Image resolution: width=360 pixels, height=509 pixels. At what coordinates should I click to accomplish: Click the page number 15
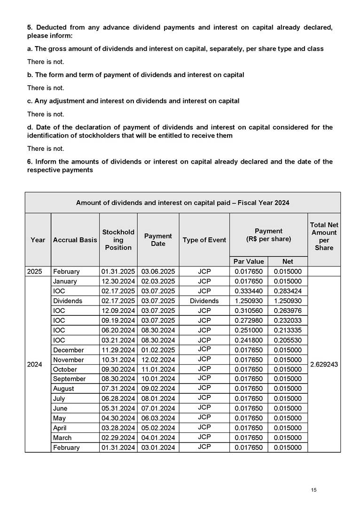(314, 490)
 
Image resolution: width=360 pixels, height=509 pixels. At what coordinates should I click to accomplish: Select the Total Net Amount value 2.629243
(324, 364)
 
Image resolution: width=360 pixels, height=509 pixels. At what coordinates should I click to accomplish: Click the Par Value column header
(249, 261)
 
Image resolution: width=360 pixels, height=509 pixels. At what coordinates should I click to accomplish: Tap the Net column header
(288, 261)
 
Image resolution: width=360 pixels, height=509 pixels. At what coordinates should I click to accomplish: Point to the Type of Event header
(204, 240)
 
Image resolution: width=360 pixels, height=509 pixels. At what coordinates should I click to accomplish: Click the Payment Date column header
(158, 240)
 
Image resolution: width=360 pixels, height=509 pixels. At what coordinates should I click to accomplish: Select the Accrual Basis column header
(75, 240)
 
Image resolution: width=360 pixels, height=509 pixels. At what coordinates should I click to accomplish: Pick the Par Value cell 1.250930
(249, 301)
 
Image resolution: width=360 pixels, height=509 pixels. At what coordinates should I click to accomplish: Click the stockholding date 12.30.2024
(118, 281)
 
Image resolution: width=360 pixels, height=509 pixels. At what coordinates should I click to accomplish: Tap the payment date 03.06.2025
(158, 271)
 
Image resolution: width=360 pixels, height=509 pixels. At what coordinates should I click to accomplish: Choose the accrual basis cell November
(69, 360)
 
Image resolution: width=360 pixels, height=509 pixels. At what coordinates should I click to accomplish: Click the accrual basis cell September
(70, 379)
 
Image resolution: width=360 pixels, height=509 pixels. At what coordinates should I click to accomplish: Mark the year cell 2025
(38, 271)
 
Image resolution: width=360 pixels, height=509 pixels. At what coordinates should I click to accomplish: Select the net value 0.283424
(288, 291)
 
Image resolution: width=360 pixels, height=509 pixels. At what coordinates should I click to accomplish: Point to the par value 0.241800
(249, 340)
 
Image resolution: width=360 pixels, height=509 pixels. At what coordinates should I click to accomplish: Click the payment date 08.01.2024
(158, 399)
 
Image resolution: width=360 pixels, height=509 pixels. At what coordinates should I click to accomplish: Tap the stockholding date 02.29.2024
(118, 438)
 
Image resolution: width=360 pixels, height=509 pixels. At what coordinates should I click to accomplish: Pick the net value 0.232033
(288, 320)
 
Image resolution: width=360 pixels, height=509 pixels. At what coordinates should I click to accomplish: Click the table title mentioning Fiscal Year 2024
(182, 203)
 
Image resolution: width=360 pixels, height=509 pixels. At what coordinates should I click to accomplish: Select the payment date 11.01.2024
(158, 369)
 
